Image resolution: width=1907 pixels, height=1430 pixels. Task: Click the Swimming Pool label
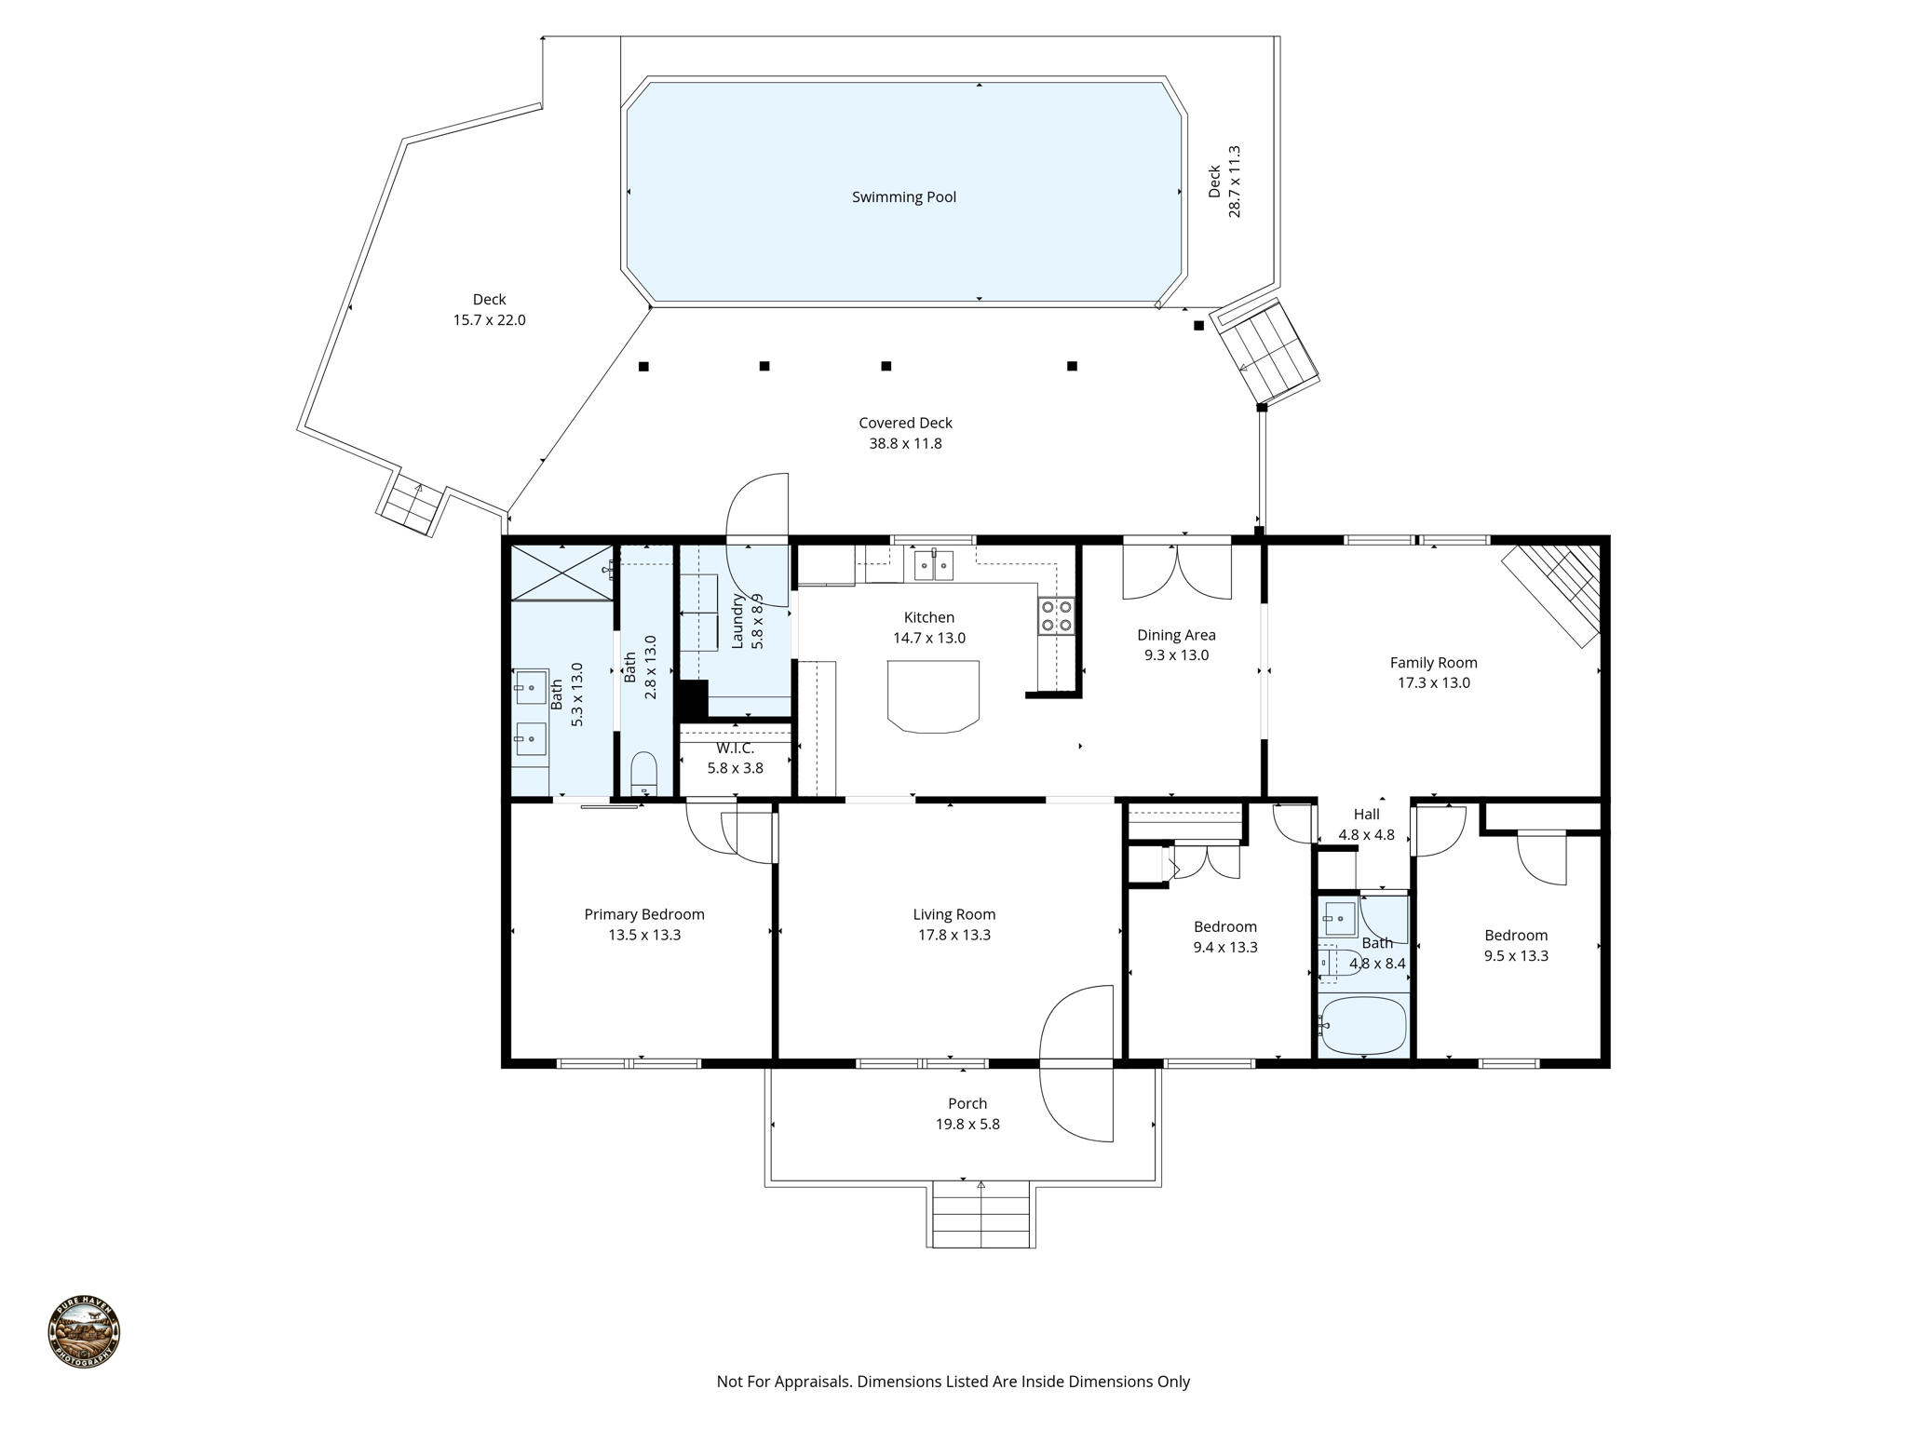[x=903, y=197]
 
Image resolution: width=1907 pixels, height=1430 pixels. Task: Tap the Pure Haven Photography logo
[x=84, y=1332]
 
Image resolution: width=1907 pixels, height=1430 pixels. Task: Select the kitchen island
[x=933, y=695]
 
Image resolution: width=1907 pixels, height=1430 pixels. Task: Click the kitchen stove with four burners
[x=1057, y=615]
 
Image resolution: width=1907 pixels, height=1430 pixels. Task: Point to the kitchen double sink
[x=933, y=564]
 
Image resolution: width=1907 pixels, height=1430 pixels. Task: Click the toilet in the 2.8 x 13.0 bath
[x=643, y=774]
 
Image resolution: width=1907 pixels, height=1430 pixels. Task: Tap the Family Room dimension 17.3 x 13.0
[x=1433, y=683]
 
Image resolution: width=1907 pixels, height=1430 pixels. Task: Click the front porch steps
[x=981, y=1214]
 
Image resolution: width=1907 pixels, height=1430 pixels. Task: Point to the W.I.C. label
[x=735, y=749]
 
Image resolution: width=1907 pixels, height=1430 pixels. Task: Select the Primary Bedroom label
[x=643, y=914]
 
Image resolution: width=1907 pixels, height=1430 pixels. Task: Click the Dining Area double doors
[x=1177, y=571]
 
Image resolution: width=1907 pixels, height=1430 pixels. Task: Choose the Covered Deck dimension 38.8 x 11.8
[x=905, y=444]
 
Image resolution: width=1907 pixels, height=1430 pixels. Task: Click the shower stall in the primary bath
[x=561, y=572]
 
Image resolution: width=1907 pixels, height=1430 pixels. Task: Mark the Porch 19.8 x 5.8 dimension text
[x=967, y=1125]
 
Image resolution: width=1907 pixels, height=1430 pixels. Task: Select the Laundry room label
[x=737, y=620]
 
